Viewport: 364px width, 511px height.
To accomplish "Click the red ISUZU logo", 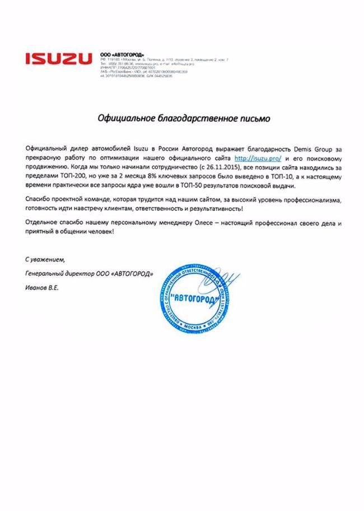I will coord(59,58).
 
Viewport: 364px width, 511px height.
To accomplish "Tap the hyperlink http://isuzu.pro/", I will coord(258,159).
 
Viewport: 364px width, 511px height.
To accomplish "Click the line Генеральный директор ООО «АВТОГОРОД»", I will coord(90,274).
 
